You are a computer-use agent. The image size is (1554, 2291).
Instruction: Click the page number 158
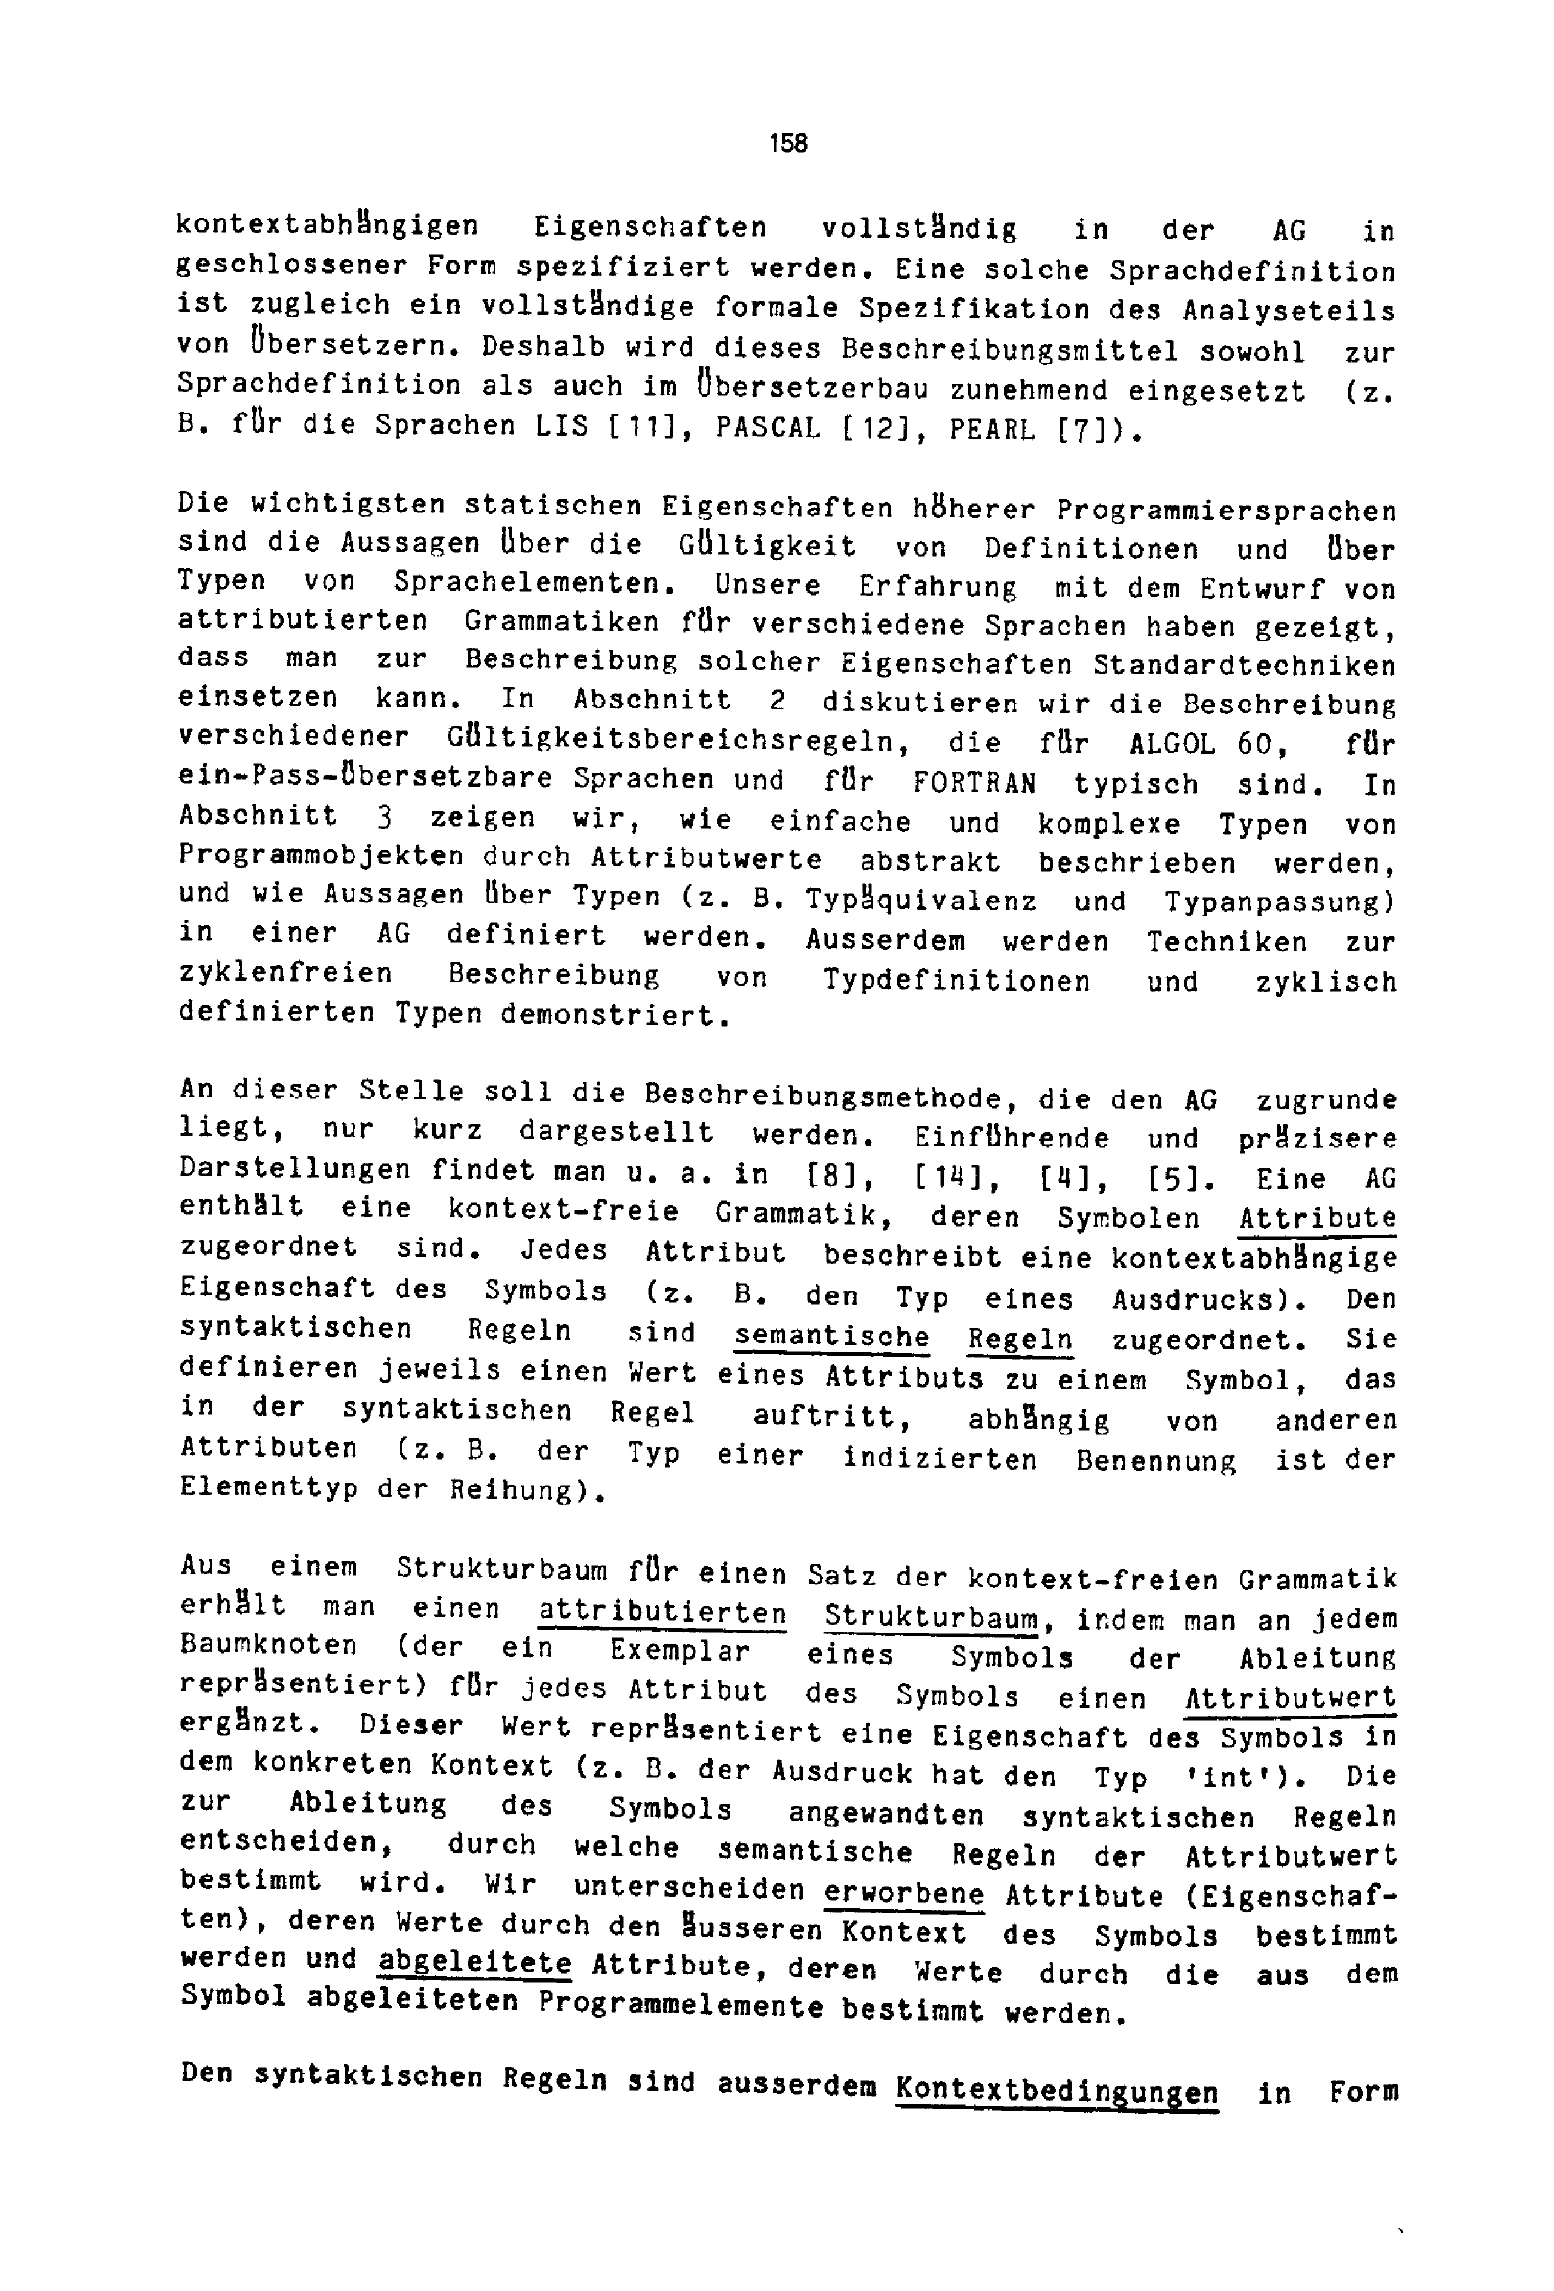coord(787,144)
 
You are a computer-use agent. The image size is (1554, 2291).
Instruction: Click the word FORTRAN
coord(973,784)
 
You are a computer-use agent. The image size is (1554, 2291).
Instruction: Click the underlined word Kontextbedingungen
coord(1057,2093)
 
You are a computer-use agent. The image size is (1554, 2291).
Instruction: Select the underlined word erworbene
coord(904,1894)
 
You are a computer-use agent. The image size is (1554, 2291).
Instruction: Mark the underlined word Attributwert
coord(1290,1698)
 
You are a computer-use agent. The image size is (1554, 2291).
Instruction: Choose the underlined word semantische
coord(831,1337)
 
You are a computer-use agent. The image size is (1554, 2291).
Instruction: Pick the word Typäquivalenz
coord(920,902)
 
